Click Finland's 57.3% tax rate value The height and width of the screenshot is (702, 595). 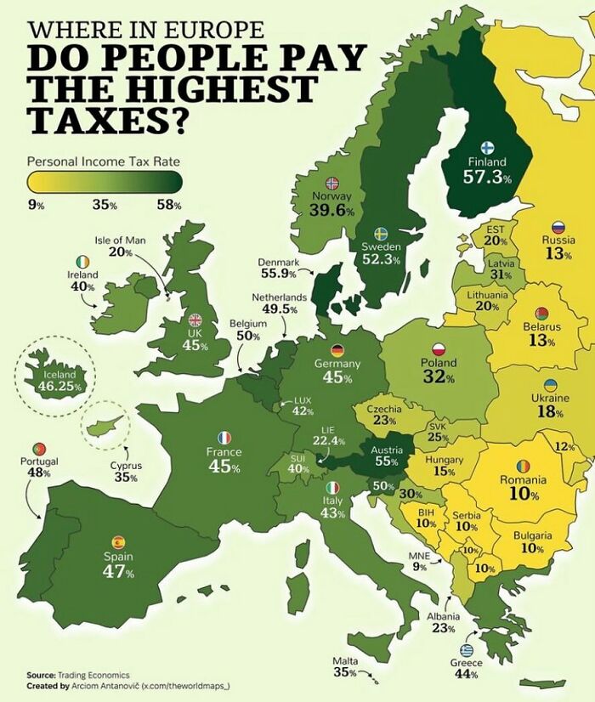coord(487,177)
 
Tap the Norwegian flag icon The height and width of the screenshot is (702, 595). coord(332,183)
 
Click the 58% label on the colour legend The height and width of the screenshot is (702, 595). coord(170,205)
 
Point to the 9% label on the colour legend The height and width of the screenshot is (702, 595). coord(36,205)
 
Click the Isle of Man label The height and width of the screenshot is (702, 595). coord(120,241)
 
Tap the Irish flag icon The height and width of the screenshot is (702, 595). coord(82,261)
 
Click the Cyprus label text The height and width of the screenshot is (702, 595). coord(126,466)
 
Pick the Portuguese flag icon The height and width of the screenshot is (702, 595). coord(38,448)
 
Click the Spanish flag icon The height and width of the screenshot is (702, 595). coord(118,541)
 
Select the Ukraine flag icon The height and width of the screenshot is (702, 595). coord(550,385)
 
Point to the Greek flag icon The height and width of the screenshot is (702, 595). coord(465,650)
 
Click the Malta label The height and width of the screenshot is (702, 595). coord(345,660)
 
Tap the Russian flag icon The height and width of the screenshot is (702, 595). coord(558,227)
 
